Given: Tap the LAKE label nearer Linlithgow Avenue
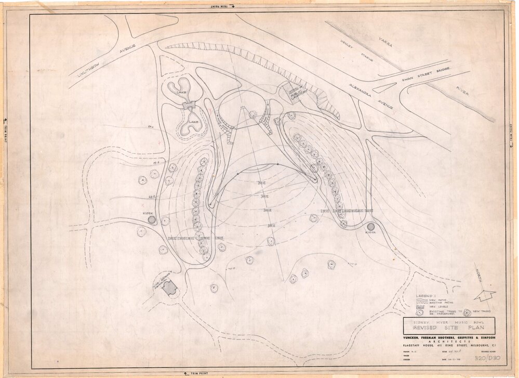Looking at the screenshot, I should pyautogui.click(x=181, y=92).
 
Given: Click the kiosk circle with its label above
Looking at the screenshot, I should pyautogui.click(x=152, y=220).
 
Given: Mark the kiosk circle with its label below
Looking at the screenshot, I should pyautogui.click(x=371, y=227).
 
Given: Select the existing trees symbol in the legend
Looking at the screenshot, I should pyautogui.click(x=419, y=313).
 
